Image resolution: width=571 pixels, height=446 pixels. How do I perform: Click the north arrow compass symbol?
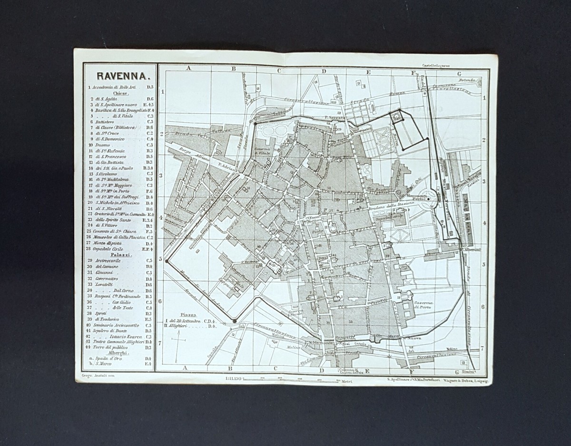(x=177, y=344)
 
